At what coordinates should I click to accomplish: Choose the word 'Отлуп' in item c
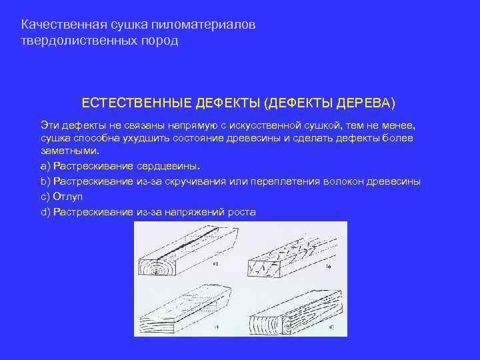click(68, 197)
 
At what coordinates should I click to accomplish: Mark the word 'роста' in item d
click(241, 213)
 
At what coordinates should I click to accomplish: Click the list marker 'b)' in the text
click(45, 181)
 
